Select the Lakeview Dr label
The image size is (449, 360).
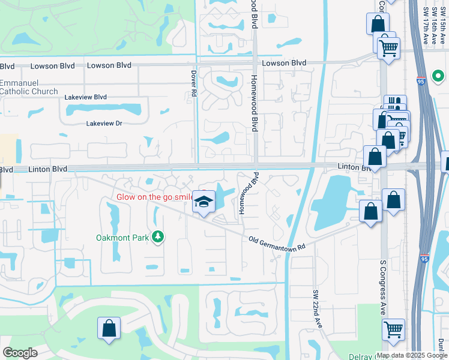(104, 123)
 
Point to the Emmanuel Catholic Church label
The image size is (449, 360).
(29, 87)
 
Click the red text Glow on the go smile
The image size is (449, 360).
(154, 197)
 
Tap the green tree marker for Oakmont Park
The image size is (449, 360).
(158, 238)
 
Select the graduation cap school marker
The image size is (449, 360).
(203, 202)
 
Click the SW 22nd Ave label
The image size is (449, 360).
(316, 309)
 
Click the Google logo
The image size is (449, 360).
(20, 353)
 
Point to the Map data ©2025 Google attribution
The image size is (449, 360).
(412, 355)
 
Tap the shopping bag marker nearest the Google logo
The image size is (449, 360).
(109, 328)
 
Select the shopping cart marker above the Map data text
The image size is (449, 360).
(393, 329)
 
